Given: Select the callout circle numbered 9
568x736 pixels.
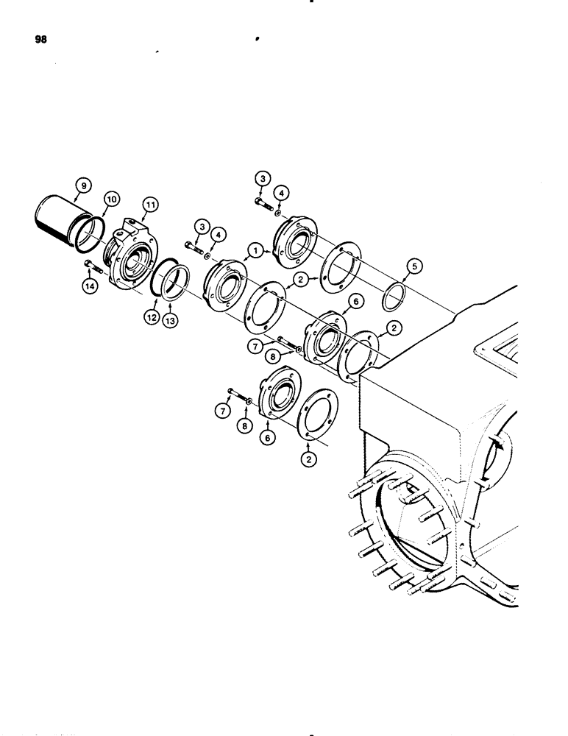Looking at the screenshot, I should [83, 186].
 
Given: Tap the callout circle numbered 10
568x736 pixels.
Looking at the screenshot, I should [110, 198].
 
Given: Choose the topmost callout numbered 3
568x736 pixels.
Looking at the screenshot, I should [263, 178].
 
